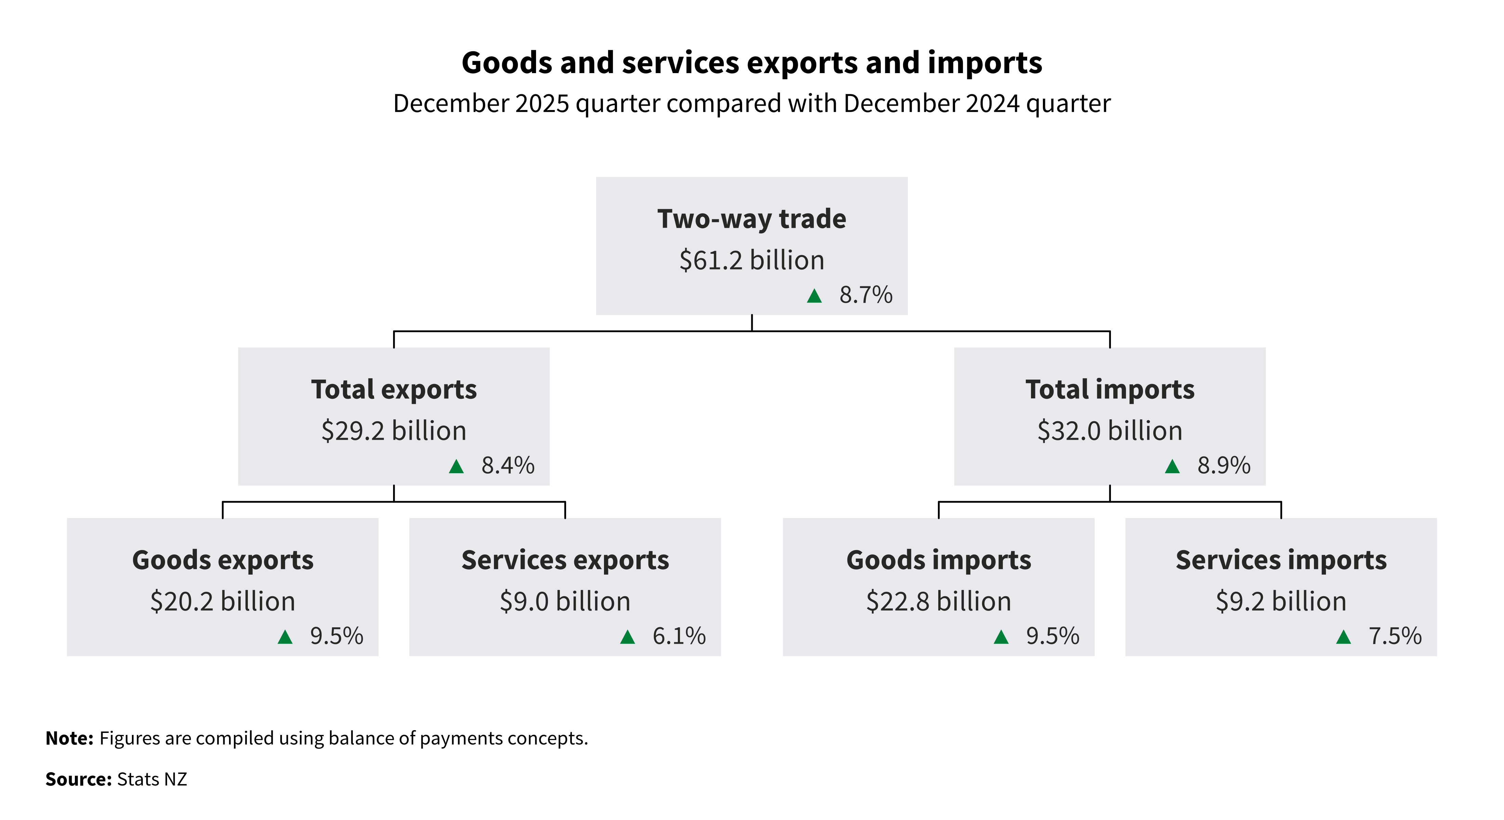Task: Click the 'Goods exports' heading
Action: pos(223,560)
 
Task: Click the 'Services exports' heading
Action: pos(565,560)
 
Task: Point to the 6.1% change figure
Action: pos(679,636)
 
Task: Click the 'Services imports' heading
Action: pos(1281,560)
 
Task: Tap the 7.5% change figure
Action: pos(1395,636)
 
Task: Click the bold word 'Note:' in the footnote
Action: pos(69,738)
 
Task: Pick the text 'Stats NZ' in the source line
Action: pos(152,779)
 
